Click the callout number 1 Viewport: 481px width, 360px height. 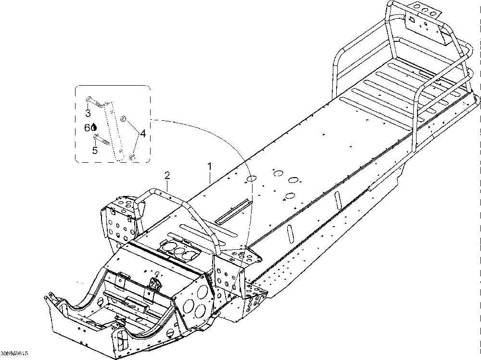[x=210, y=166]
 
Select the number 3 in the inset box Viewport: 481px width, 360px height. [x=88, y=114]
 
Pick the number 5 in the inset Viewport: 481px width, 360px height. [x=95, y=151]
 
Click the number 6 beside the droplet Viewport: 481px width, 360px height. [x=87, y=128]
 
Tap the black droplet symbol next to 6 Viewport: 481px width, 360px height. [x=94, y=128]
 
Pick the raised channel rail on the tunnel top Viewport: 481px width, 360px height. [x=233, y=211]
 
